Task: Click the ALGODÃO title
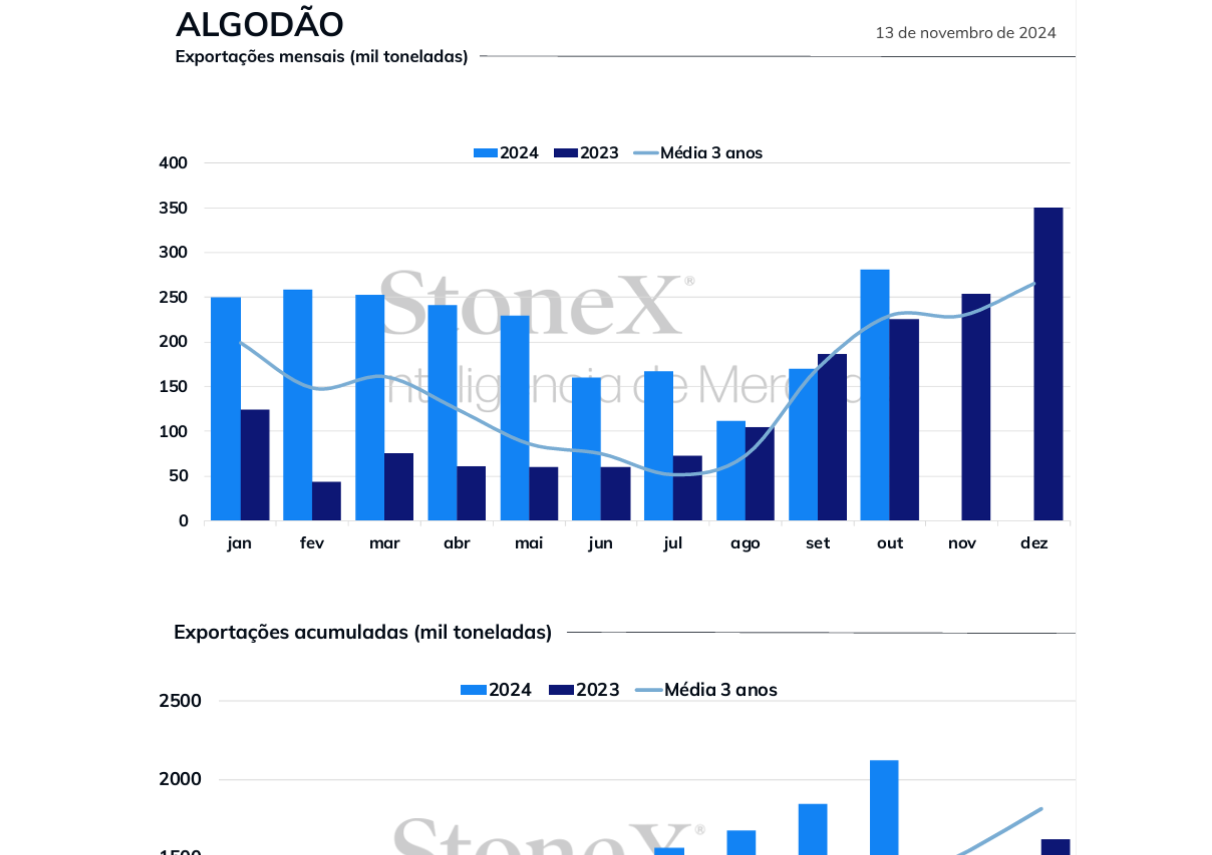(x=259, y=25)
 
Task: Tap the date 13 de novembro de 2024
(x=965, y=33)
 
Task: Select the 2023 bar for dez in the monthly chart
(x=1048, y=364)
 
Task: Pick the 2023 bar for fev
(x=326, y=501)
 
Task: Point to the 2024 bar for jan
(x=225, y=408)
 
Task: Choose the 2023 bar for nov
(x=975, y=407)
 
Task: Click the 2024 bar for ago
(x=731, y=470)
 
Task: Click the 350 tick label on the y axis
(x=173, y=208)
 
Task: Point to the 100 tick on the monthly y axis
(x=173, y=432)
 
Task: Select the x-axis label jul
(x=673, y=543)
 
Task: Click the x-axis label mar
(x=384, y=543)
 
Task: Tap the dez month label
(x=1034, y=543)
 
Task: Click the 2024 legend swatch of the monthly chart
(x=485, y=153)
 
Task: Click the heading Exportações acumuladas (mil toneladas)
(x=362, y=632)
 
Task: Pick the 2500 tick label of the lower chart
(x=180, y=701)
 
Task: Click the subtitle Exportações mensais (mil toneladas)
(x=321, y=56)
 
